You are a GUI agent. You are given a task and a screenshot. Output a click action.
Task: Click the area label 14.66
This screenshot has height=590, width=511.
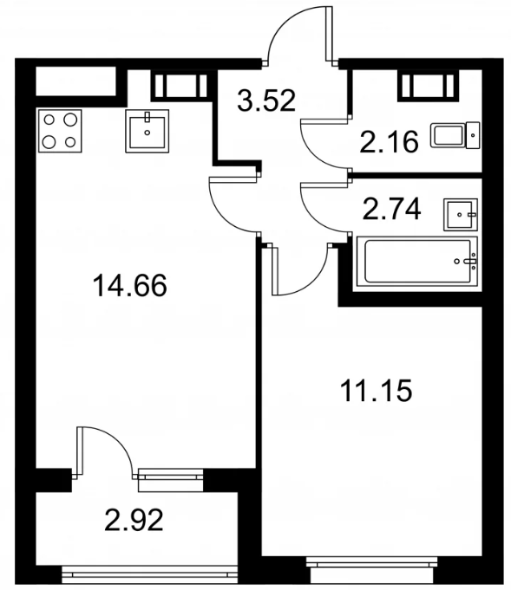click(129, 286)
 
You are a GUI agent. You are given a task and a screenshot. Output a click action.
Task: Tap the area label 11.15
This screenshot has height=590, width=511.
click(376, 391)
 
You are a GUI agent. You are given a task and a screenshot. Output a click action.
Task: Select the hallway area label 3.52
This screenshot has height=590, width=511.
click(266, 100)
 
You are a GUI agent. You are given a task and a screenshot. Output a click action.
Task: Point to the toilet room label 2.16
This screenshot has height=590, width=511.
click(389, 141)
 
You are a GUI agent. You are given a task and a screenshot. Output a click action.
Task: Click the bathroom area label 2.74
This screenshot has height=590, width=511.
click(391, 209)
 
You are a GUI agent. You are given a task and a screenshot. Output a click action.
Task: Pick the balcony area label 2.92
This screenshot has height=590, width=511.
click(134, 520)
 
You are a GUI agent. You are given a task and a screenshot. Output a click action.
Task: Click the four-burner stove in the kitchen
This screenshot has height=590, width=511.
click(60, 131)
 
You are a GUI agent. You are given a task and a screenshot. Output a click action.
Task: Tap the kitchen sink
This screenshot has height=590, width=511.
click(147, 131)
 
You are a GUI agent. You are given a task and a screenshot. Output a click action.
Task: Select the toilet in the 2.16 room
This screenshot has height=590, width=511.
click(455, 135)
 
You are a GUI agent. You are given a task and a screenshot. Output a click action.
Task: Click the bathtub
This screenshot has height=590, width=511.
click(417, 261)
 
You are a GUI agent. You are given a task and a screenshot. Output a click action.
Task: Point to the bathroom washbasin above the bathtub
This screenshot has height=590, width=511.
click(461, 215)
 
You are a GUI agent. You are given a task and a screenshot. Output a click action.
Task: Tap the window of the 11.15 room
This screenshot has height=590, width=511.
click(371, 562)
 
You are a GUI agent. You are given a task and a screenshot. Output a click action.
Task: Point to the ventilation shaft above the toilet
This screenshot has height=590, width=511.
click(429, 86)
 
